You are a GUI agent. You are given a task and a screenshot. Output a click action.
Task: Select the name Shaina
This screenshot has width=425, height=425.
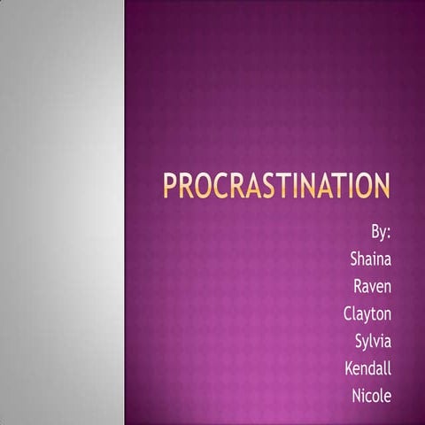click(x=372, y=259)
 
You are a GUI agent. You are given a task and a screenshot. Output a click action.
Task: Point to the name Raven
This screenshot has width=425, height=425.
click(x=373, y=286)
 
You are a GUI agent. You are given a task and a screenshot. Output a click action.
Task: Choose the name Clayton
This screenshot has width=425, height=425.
click(x=367, y=313)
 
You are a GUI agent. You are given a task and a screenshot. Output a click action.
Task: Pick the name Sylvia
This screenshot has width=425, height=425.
click(x=373, y=341)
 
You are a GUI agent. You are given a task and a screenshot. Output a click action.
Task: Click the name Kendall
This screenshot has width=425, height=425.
click(x=368, y=367)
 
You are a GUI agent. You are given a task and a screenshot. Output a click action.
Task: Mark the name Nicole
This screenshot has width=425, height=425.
click(x=371, y=395)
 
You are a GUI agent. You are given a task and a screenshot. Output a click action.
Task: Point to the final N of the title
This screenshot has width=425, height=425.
click(x=379, y=187)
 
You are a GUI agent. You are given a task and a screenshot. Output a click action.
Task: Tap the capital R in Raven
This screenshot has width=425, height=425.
click(x=358, y=286)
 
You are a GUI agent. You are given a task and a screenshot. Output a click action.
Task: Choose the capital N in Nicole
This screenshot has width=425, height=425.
click(x=356, y=395)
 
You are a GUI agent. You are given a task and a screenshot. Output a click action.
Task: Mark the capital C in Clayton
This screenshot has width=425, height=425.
click(x=348, y=313)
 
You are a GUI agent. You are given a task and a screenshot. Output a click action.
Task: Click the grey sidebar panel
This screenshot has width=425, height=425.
click(x=62, y=212)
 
